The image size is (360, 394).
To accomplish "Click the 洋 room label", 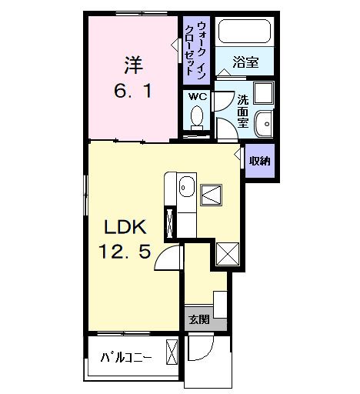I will (x=133, y=65).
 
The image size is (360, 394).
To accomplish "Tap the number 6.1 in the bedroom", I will (x=132, y=92).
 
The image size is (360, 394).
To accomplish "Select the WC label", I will (x=197, y=97).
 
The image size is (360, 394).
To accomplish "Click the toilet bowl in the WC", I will (x=197, y=118).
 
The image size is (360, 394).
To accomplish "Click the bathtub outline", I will (x=245, y=33).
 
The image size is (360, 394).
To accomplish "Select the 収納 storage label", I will (x=260, y=161).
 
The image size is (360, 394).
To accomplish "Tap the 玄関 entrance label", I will (x=198, y=319).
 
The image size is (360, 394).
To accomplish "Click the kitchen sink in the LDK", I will (x=186, y=186).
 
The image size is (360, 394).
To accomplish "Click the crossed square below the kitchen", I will (x=226, y=252).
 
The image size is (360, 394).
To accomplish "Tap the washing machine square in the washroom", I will (x=264, y=94).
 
